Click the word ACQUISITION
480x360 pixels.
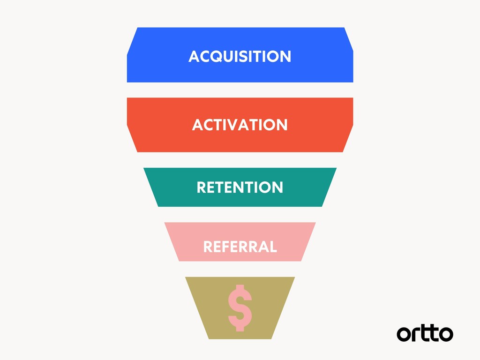(240, 56)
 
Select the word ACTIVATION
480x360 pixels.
(240, 125)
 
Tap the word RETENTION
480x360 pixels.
(240, 187)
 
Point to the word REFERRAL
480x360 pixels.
(240, 246)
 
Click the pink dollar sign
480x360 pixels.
(240, 307)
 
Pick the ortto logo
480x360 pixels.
(425, 333)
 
